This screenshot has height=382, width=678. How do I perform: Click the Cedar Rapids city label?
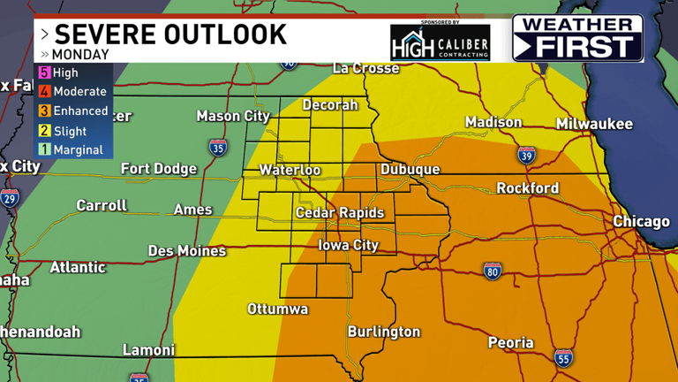coord(340,213)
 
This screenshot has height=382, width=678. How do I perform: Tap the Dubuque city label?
coord(410,170)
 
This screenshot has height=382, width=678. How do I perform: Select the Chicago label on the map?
coord(642,221)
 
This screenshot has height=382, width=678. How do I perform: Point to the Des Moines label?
coord(186,251)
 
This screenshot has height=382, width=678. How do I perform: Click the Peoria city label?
coord(510,343)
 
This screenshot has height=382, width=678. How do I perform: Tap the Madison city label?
coord(493,123)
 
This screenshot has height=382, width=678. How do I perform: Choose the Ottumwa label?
coord(277,309)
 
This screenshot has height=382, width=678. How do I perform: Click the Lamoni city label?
coord(149,350)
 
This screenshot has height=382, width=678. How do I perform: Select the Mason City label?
coord(233,116)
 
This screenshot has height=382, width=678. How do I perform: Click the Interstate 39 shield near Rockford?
coord(526,156)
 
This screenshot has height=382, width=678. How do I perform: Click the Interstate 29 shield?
coord(10,197)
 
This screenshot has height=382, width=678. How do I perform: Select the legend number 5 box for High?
coord(42,73)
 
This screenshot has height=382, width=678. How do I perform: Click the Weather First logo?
coord(577,38)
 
